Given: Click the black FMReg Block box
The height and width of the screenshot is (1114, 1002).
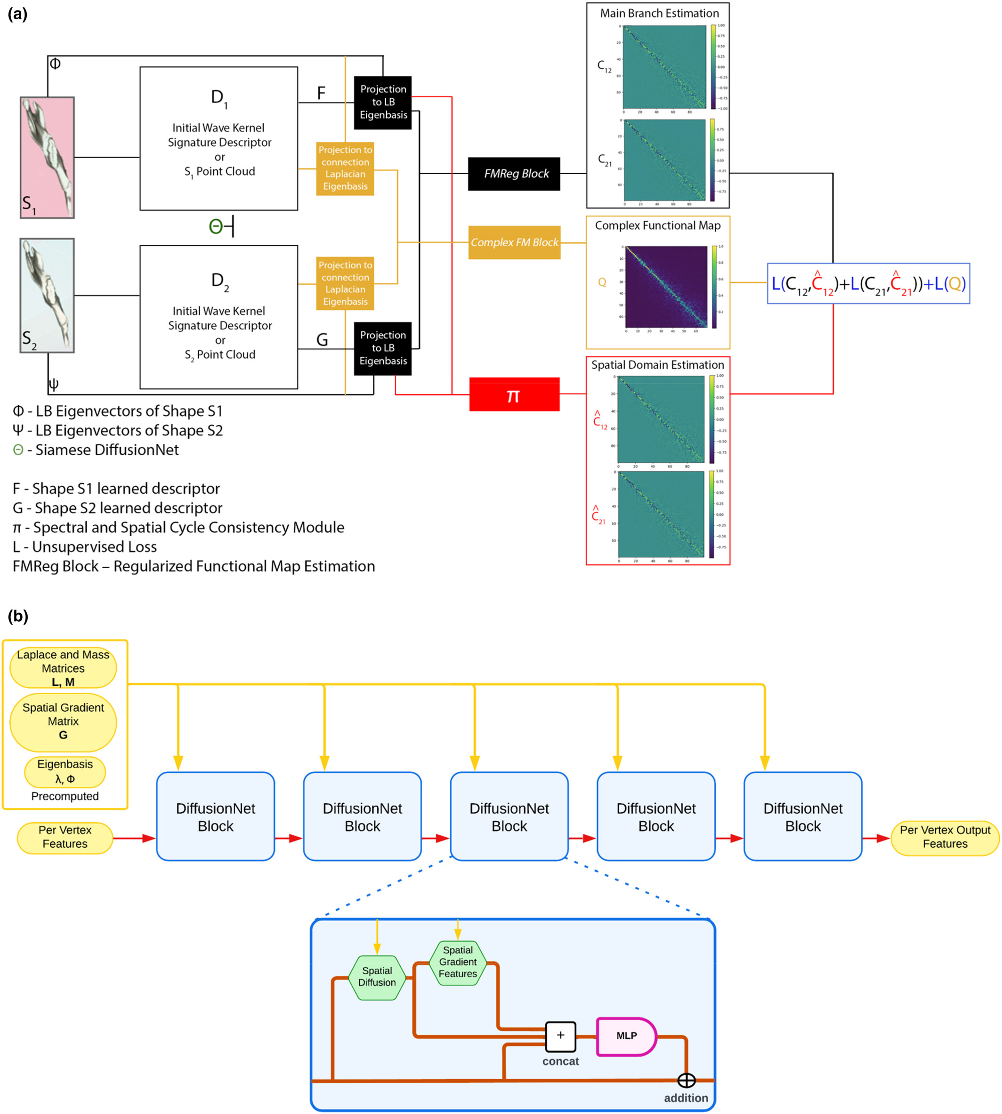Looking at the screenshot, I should (x=514, y=174).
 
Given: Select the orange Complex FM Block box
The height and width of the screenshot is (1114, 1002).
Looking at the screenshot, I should (x=514, y=242).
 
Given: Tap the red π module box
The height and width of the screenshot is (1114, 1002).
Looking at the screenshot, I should (x=514, y=394).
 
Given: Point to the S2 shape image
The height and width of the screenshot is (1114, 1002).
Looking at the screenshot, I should (x=48, y=296).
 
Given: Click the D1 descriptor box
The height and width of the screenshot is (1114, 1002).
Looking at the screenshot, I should (x=218, y=139).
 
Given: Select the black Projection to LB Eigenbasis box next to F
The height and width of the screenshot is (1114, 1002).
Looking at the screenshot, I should (x=383, y=103).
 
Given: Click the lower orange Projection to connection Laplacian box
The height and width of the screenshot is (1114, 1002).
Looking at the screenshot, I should (x=345, y=283).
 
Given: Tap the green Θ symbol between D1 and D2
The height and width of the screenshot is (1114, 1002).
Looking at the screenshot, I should (x=216, y=226).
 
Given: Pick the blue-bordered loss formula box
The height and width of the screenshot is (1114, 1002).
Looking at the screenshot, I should (x=868, y=283).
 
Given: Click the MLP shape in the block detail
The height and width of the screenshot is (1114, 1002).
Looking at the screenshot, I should (x=626, y=1036).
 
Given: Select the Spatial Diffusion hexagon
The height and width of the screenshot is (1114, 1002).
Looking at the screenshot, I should (x=377, y=978).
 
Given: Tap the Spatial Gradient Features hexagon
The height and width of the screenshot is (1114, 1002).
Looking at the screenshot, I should (x=458, y=962).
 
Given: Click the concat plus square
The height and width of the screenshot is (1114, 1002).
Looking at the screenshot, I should (x=560, y=1036).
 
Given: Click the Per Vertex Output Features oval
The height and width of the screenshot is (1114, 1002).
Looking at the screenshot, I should (x=944, y=837).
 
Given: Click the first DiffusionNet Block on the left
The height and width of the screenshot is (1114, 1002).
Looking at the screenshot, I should (x=215, y=816).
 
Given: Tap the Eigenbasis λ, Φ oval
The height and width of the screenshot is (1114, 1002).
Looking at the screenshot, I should (x=65, y=771).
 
